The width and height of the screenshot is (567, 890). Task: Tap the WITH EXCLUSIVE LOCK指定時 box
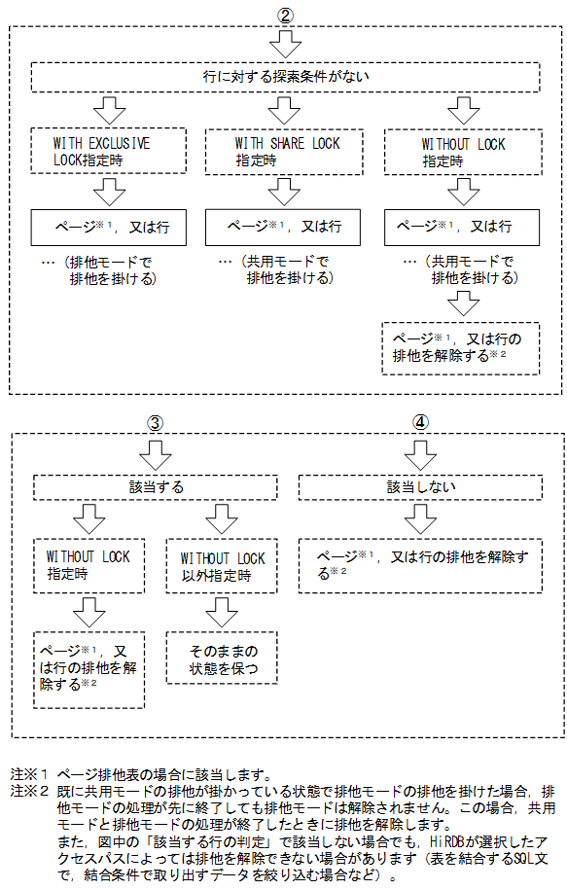[x=101, y=152]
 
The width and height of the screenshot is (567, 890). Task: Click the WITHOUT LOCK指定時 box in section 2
[x=463, y=152]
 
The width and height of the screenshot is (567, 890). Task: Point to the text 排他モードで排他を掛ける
[x=107, y=271]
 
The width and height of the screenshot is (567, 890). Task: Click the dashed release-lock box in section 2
[x=460, y=347]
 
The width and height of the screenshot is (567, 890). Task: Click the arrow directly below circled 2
[x=285, y=44]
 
